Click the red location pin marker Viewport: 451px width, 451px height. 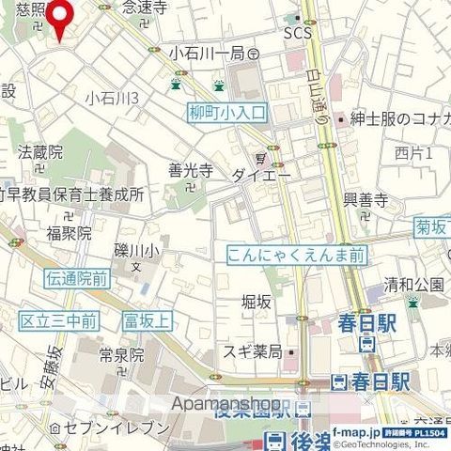click(x=62, y=16)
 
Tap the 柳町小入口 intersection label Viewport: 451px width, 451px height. click(x=227, y=113)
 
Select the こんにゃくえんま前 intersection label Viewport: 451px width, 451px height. click(x=296, y=254)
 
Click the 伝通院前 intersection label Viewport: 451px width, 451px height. click(x=77, y=278)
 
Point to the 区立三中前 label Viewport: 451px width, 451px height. click(x=59, y=321)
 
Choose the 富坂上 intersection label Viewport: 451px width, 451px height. click(x=148, y=321)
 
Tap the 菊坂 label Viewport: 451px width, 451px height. click(x=433, y=226)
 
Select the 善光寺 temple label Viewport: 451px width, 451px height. click(x=191, y=171)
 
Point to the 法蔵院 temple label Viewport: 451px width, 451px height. click(x=40, y=150)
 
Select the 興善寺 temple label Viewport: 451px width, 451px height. click(x=365, y=200)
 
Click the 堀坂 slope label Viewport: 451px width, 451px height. click(x=257, y=302)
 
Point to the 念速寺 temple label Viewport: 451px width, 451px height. click(x=145, y=8)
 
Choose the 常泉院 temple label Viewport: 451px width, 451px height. click(x=122, y=354)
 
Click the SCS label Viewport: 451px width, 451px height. click(x=296, y=33)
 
